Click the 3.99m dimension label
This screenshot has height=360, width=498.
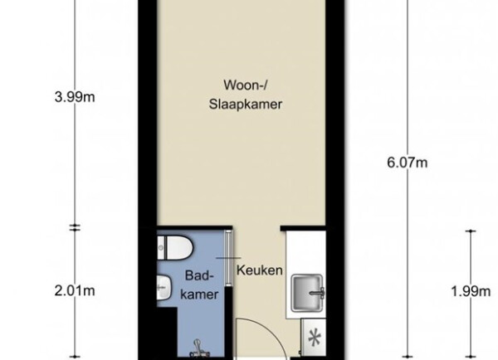pos(75,97)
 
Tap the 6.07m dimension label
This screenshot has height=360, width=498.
pos(408,163)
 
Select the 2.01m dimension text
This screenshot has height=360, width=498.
pos(75,291)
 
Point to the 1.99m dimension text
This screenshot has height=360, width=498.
pos(471,291)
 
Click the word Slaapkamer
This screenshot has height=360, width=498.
pos(246,105)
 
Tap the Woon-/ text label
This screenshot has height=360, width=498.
pos(245,85)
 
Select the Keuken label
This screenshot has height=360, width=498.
pos(260,270)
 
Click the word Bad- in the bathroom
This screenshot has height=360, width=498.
pos(199,275)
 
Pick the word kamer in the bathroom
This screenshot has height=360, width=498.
pos(199,294)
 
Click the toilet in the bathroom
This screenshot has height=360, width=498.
pos(175,248)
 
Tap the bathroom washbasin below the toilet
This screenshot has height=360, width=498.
pos(164,287)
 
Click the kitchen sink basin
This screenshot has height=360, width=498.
pos(307,293)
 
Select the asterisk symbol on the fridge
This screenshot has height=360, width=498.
pos(315,339)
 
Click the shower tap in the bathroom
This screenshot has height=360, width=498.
pos(198,348)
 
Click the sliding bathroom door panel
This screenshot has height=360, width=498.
pos(228,259)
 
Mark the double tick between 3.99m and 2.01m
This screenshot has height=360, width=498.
pos(75,227)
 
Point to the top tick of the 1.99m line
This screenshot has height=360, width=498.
pos(471,231)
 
